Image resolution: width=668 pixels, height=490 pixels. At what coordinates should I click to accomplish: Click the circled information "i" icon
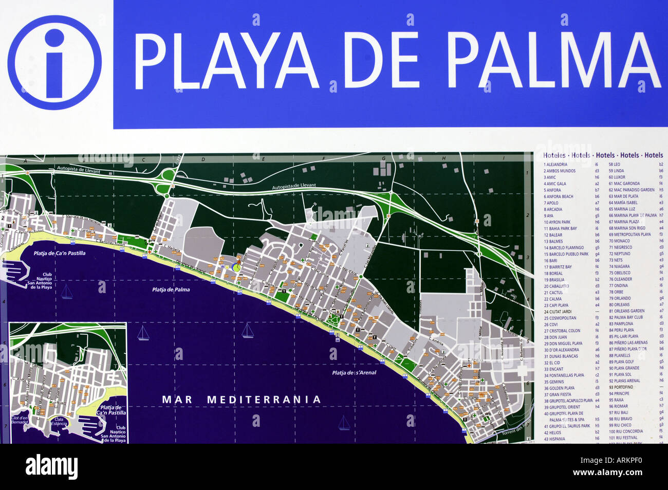[54, 63]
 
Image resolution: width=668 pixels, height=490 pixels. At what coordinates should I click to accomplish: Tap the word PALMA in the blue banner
[553, 61]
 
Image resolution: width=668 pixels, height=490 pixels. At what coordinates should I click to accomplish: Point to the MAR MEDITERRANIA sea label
[242, 400]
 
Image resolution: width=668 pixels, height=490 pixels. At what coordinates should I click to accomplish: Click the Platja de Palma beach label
[171, 289]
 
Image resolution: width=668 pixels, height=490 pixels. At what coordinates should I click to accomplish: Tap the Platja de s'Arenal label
[354, 373]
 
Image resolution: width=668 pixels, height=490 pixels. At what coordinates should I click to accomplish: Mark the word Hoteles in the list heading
[554, 155]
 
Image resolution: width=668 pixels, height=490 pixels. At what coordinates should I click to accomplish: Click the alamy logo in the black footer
[51, 467]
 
